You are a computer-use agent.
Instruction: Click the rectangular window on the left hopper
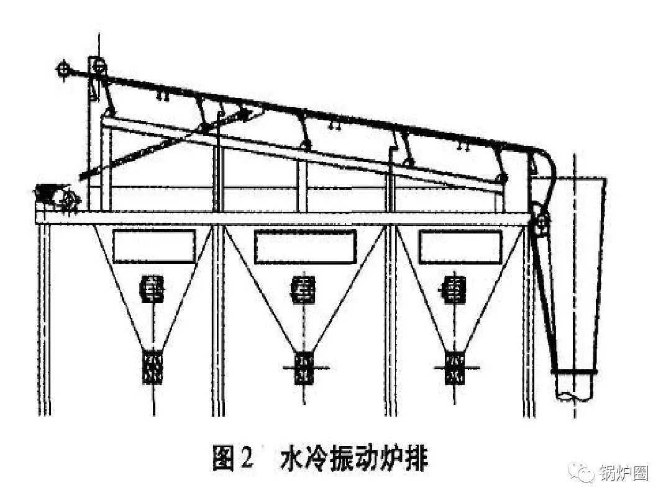click(x=154, y=247)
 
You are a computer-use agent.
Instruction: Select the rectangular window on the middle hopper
click(x=306, y=247)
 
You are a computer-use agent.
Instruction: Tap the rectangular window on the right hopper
click(x=460, y=247)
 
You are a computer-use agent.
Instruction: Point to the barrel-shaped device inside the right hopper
click(x=456, y=289)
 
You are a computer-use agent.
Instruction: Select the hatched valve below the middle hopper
click(x=304, y=367)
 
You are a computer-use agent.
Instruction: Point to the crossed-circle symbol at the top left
click(x=63, y=70)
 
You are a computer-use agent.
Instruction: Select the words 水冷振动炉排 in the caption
click(x=355, y=460)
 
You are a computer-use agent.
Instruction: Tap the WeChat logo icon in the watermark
click(x=581, y=473)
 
